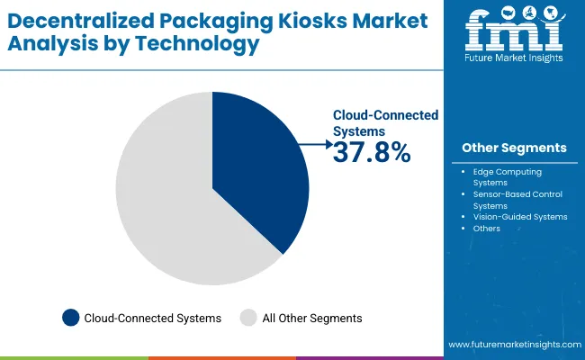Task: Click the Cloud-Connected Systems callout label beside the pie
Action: tap(385, 122)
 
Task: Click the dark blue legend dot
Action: tap(69, 317)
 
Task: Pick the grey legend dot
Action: tap(249, 317)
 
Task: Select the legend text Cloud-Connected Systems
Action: tap(152, 317)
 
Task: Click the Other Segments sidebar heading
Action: tap(514, 148)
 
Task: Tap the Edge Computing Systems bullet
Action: tap(508, 176)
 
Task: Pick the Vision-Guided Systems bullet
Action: tap(519, 216)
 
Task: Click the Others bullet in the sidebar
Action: tap(486, 229)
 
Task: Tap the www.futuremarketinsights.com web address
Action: tap(512, 345)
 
